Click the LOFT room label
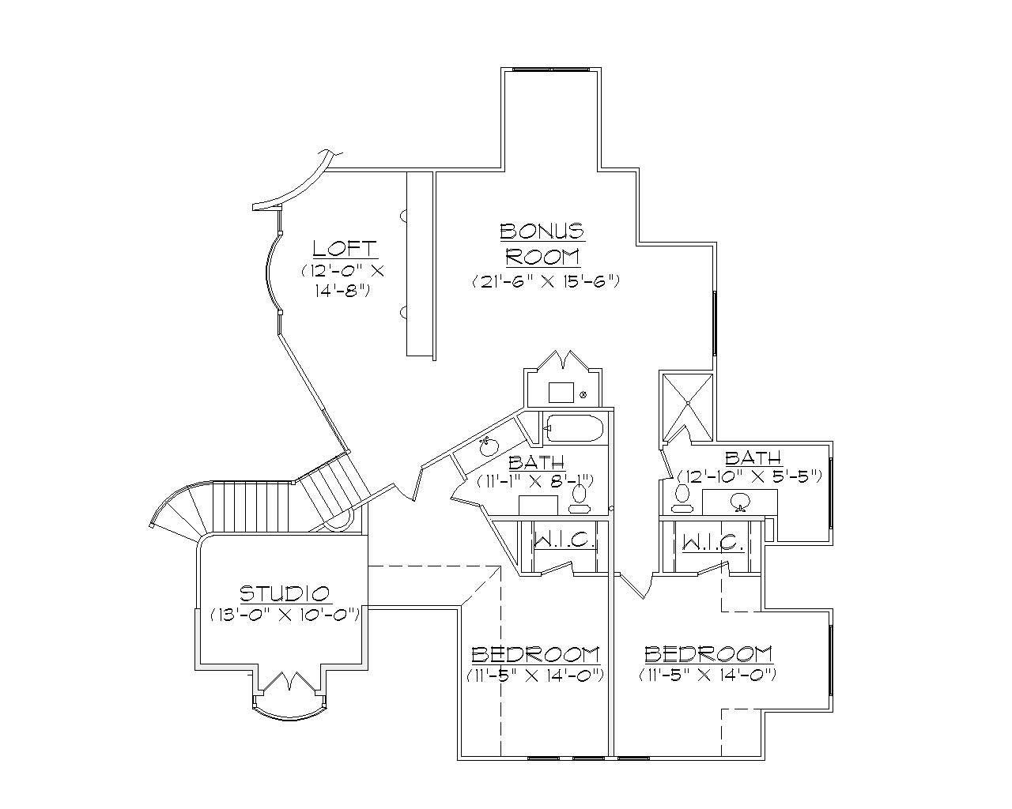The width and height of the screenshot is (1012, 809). coord(345,248)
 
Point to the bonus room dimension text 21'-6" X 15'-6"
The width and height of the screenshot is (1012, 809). coord(544,280)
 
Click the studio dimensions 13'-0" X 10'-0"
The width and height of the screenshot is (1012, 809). coord(285,614)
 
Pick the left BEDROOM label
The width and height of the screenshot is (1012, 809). coord(535,654)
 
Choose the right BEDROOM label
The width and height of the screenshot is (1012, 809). coord(708,654)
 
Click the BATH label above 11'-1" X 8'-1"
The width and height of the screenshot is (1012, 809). coord(536,461)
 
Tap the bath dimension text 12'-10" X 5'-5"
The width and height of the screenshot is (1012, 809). coord(750,476)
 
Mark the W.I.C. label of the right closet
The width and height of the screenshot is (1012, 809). coord(712,543)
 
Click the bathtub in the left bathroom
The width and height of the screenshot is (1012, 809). coord(574,429)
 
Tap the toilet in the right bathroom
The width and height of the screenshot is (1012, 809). coord(682,495)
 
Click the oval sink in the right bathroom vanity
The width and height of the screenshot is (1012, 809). coord(740,501)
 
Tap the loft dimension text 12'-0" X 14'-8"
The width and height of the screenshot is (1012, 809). coord(342,280)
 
